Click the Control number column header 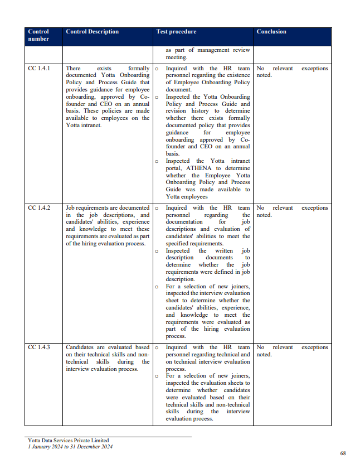click(38, 35)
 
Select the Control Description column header click(92, 32)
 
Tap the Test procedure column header click(176, 32)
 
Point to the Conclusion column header click(271, 32)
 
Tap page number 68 click(343, 452)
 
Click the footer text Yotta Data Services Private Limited click(68, 441)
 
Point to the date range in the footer click(70, 447)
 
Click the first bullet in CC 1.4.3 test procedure click(157, 347)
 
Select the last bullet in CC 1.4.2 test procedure click(157, 287)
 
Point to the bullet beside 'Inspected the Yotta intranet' click(157, 161)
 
